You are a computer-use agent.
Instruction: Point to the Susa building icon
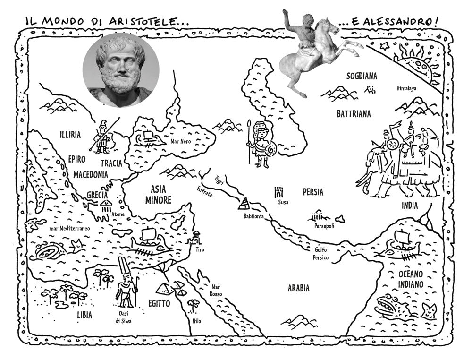tap(279, 192)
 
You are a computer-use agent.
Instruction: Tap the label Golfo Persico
tap(320, 254)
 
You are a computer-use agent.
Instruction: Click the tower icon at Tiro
tap(195, 237)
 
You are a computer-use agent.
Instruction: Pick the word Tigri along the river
tap(218, 180)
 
